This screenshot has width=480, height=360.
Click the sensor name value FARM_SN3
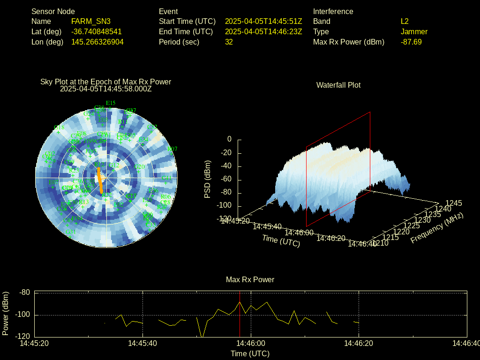[x=90, y=22]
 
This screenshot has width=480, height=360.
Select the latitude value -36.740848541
[x=96, y=32]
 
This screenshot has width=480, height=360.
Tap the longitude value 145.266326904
[x=97, y=42]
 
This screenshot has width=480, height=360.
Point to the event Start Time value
[x=263, y=22]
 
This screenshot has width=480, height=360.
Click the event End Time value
[x=263, y=32]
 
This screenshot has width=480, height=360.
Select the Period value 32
[x=229, y=42]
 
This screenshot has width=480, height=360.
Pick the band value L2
[x=405, y=22]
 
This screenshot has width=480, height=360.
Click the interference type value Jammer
[x=414, y=32]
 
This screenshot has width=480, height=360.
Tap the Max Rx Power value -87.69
[x=411, y=42]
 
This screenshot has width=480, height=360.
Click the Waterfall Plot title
[x=338, y=85]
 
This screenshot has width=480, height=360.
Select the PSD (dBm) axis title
[x=208, y=179]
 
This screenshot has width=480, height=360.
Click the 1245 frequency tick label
[x=453, y=203]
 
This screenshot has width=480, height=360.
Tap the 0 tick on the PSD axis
[x=229, y=140]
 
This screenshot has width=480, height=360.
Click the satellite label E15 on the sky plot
[x=111, y=103]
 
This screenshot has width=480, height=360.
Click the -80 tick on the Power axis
[x=24, y=292]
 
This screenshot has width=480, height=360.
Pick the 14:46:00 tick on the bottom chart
[x=251, y=344]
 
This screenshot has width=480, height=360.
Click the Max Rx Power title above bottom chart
[x=250, y=280]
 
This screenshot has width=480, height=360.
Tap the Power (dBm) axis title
[x=6, y=313]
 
